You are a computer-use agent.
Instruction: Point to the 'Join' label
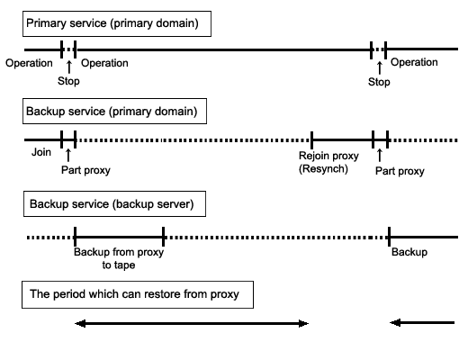(x=41, y=152)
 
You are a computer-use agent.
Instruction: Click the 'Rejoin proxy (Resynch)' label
(x=328, y=162)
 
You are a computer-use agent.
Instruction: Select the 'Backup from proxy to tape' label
(x=119, y=258)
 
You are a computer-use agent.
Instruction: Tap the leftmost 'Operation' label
(x=29, y=63)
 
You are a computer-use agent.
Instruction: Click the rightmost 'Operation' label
(x=414, y=62)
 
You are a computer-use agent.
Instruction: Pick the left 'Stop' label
(x=68, y=81)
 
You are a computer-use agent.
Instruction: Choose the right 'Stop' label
(x=379, y=82)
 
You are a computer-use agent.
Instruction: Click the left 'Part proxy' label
(x=85, y=170)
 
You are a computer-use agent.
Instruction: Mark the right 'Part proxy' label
(x=400, y=171)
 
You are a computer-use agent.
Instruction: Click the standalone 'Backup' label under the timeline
(x=409, y=252)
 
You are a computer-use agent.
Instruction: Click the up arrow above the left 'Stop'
(x=69, y=67)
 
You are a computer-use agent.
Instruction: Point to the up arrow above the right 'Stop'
(x=380, y=67)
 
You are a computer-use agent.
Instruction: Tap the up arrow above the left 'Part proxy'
(x=68, y=155)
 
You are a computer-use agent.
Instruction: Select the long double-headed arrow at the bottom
(x=192, y=323)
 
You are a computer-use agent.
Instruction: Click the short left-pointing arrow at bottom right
(x=422, y=323)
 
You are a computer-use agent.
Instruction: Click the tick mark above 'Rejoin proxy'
(x=311, y=140)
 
